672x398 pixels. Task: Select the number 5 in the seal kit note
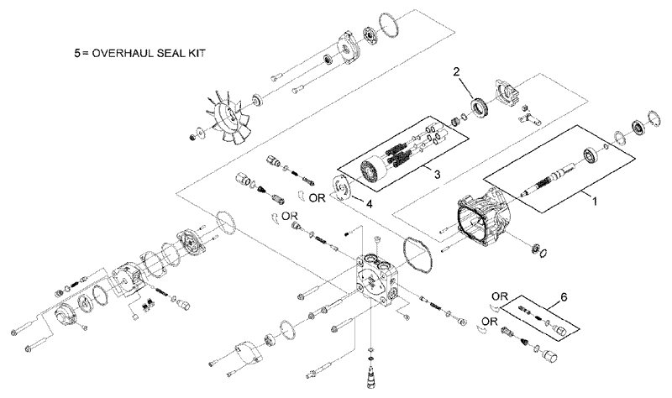[x=79, y=52]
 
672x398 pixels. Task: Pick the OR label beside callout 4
[x=317, y=199]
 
